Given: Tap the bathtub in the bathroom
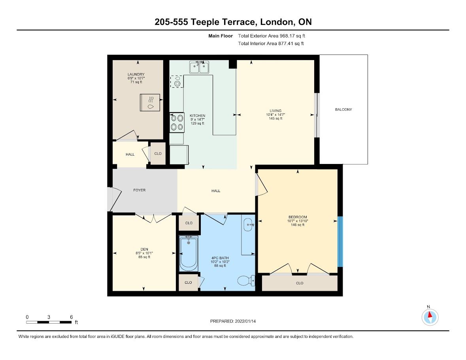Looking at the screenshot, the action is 189,253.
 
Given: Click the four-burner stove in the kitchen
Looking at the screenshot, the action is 177,123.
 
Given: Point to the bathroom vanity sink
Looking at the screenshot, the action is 248,225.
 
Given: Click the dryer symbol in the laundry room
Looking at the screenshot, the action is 150,102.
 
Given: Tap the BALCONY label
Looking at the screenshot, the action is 343,109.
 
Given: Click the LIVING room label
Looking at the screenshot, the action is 275,111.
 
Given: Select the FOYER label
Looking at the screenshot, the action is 139,190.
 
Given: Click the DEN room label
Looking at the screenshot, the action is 144,249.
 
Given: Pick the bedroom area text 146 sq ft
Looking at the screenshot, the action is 298,225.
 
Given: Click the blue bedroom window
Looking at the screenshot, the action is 340,241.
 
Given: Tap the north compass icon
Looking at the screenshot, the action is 430,317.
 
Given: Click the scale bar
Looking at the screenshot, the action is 49,322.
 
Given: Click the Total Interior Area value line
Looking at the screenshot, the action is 271,43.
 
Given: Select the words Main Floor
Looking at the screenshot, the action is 221,36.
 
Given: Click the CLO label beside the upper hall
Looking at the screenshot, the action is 158,154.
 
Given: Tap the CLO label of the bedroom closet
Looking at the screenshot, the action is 300,283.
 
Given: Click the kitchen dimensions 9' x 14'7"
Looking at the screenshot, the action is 198,119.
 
